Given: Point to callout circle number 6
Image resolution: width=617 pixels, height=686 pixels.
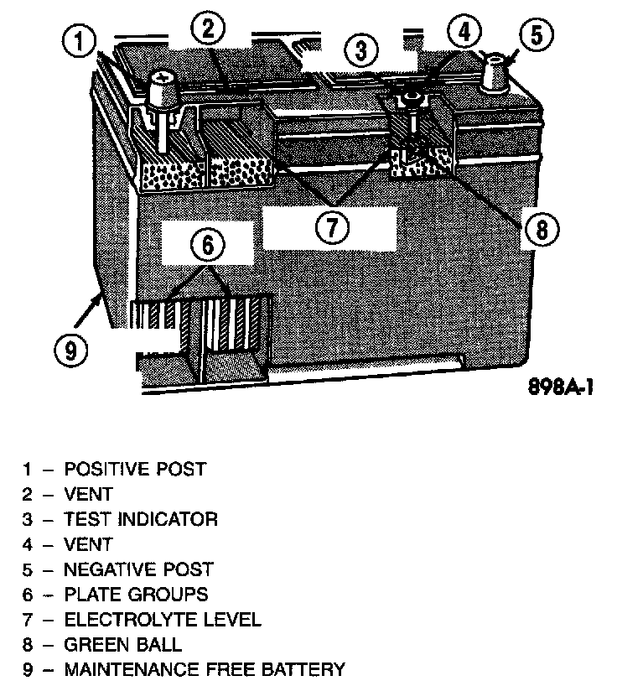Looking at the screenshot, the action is click(208, 246).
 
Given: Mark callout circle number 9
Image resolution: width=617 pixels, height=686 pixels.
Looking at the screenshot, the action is click(70, 349).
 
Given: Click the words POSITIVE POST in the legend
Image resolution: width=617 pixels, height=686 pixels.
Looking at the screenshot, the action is click(135, 469).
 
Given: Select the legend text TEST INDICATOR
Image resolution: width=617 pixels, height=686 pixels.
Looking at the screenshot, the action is click(141, 519).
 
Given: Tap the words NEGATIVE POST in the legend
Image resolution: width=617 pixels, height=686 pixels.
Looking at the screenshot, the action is click(138, 569).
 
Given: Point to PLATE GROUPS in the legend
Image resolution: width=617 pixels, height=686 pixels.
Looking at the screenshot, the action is click(136, 595).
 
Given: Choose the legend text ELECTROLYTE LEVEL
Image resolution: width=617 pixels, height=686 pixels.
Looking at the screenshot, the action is click(163, 620).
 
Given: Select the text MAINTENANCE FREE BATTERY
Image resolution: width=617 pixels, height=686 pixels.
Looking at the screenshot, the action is click(204, 670).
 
